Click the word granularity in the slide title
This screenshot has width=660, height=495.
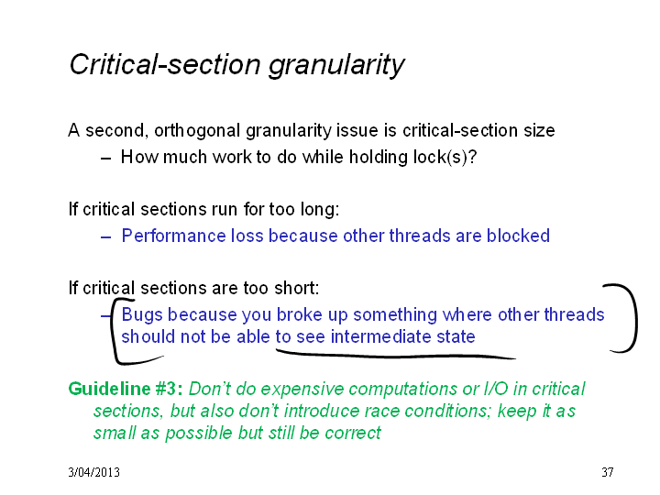pyautogui.click(x=336, y=66)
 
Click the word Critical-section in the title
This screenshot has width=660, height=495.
pyautogui.click(x=165, y=64)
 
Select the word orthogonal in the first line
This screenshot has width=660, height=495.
pyautogui.click(x=197, y=131)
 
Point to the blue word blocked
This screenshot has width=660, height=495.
pyautogui.click(x=518, y=236)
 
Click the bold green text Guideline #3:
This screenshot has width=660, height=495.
pyautogui.click(x=126, y=389)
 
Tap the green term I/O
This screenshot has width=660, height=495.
pyautogui.click(x=496, y=389)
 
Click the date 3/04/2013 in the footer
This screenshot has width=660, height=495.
pyautogui.click(x=93, y=472)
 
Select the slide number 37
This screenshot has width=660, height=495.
pyautogui.click(x=608, y=472)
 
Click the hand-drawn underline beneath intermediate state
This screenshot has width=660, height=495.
pyautogui.click(x=396, y=356)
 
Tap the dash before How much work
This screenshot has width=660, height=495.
pyautogui.click(x=105, y=159)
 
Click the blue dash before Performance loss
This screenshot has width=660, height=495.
pyautogui.click(x=105, y=237)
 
